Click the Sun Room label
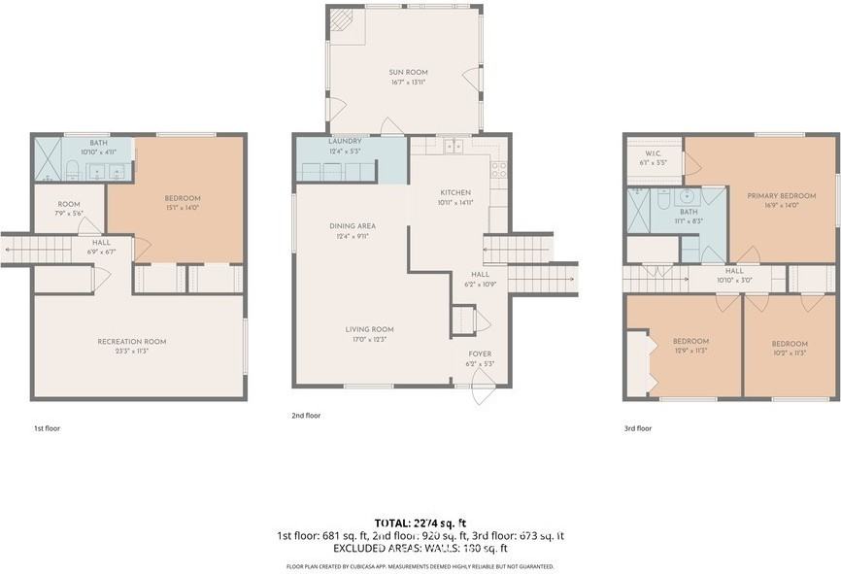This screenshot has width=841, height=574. [408, 73]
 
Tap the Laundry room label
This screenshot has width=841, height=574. [345, 142]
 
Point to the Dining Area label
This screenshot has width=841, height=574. [352, 226]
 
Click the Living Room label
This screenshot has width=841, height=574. [369, 330]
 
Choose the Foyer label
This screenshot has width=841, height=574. [480, 354]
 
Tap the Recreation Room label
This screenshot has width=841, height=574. [131, 342]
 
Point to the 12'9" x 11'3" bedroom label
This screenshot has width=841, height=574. [690, 342]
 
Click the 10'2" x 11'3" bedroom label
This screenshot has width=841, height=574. [790, 344]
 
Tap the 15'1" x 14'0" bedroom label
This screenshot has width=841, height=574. [183, 199]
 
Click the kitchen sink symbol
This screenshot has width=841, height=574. [452, 148]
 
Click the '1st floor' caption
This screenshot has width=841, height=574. [47, 427]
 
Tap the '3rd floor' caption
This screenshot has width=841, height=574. [637, 427]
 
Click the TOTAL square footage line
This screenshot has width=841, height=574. [420, 523]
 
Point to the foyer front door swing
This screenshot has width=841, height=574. [481, 393]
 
